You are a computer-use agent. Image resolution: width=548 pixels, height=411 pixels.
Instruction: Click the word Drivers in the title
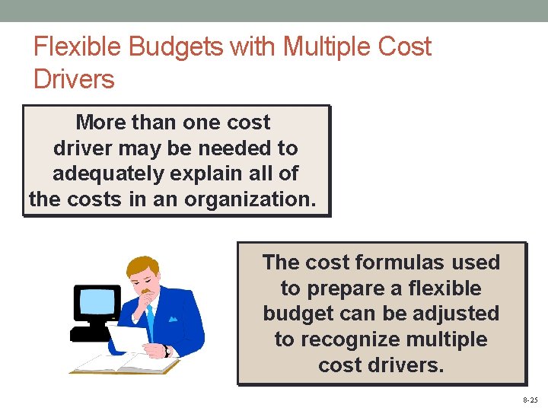[74, 78]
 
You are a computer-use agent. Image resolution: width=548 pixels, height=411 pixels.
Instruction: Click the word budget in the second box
[301, 314]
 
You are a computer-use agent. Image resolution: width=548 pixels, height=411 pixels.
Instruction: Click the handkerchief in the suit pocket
[174, 320]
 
